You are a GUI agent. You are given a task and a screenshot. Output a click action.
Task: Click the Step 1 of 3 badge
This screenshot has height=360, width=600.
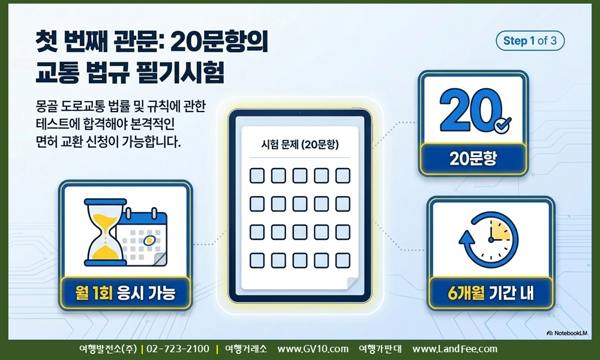point(530,41)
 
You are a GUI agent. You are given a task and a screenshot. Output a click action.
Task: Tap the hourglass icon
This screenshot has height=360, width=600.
point(105,232)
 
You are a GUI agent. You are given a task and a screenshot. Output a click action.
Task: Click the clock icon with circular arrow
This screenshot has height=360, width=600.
point(488,240)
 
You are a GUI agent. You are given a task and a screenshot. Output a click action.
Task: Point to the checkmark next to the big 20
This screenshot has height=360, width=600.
point(502,125)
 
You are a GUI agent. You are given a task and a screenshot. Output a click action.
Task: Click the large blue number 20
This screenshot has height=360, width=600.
point(470,110)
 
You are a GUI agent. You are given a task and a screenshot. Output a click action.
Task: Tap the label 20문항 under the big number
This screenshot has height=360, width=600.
point(473,158)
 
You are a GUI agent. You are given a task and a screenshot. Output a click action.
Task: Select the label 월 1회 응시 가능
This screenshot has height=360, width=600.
point(125,293)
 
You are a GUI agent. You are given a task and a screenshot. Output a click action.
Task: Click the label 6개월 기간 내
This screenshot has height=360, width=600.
point(491,293)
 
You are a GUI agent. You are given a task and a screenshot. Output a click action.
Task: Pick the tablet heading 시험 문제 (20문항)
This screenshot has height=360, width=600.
point(299,144)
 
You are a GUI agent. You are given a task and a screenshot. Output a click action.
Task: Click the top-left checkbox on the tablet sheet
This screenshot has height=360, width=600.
point(257,176)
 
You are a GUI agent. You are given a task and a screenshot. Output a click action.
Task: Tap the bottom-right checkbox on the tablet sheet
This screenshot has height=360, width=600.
point(343,260)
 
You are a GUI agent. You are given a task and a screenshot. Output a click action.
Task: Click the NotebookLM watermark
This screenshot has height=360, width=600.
point(567,333)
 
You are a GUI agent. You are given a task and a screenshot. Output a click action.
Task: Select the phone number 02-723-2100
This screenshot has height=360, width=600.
point(178,349)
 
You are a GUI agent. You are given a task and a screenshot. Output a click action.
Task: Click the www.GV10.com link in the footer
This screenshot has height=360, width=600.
point(313,349)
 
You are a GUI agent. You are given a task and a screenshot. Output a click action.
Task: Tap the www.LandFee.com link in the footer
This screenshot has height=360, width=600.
point(455,349)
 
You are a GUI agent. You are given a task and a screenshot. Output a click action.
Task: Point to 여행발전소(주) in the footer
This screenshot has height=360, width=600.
point(108,349)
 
